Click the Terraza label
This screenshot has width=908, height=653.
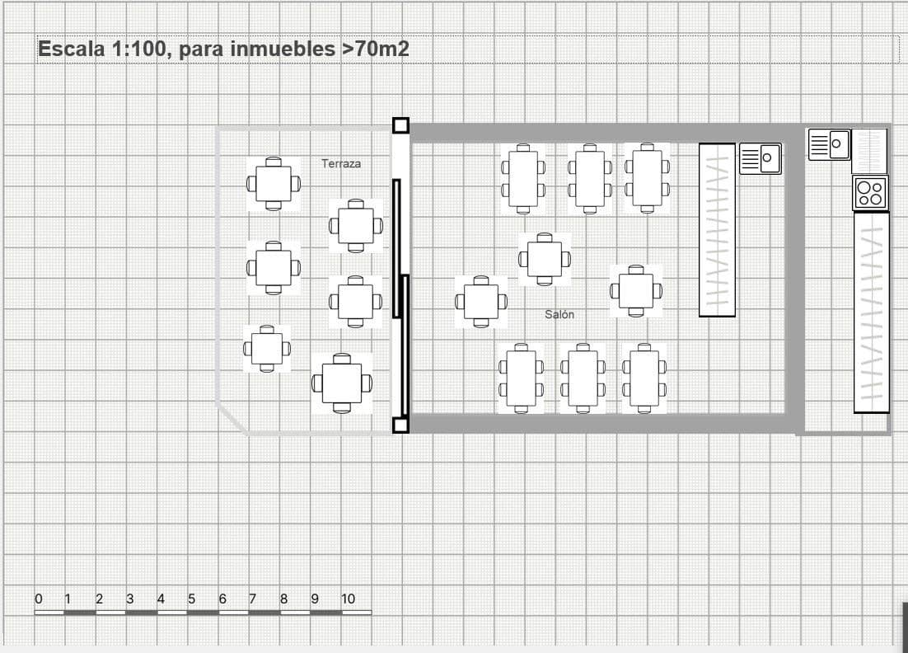[341, 164]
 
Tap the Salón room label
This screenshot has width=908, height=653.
[559, 315]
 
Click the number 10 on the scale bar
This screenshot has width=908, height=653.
[348, 599]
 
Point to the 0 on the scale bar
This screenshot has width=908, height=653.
[38, 599]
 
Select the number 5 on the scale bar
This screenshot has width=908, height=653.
[191, 599]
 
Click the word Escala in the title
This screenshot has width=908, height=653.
[71, 49]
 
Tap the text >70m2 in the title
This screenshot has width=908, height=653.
[376, 49]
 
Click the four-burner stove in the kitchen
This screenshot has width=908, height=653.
[870, 193]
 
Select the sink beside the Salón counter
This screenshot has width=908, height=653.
[760, 158]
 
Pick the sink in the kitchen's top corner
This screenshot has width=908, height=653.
[829, 144]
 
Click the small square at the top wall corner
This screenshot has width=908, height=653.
[400, 125]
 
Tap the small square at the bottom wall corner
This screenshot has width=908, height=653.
[400, 425]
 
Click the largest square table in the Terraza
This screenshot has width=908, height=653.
[342, 383]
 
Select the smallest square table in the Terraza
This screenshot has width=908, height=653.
[267, 349]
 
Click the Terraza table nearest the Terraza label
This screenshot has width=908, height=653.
[356, 225]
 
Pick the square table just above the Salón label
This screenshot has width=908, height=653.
[544, 259]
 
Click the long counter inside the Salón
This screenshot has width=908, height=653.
[717, 229]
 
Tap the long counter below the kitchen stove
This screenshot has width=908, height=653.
[871, 312]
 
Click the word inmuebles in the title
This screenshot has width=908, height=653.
[283, 49]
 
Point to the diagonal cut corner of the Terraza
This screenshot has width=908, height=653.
[232, 419]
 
